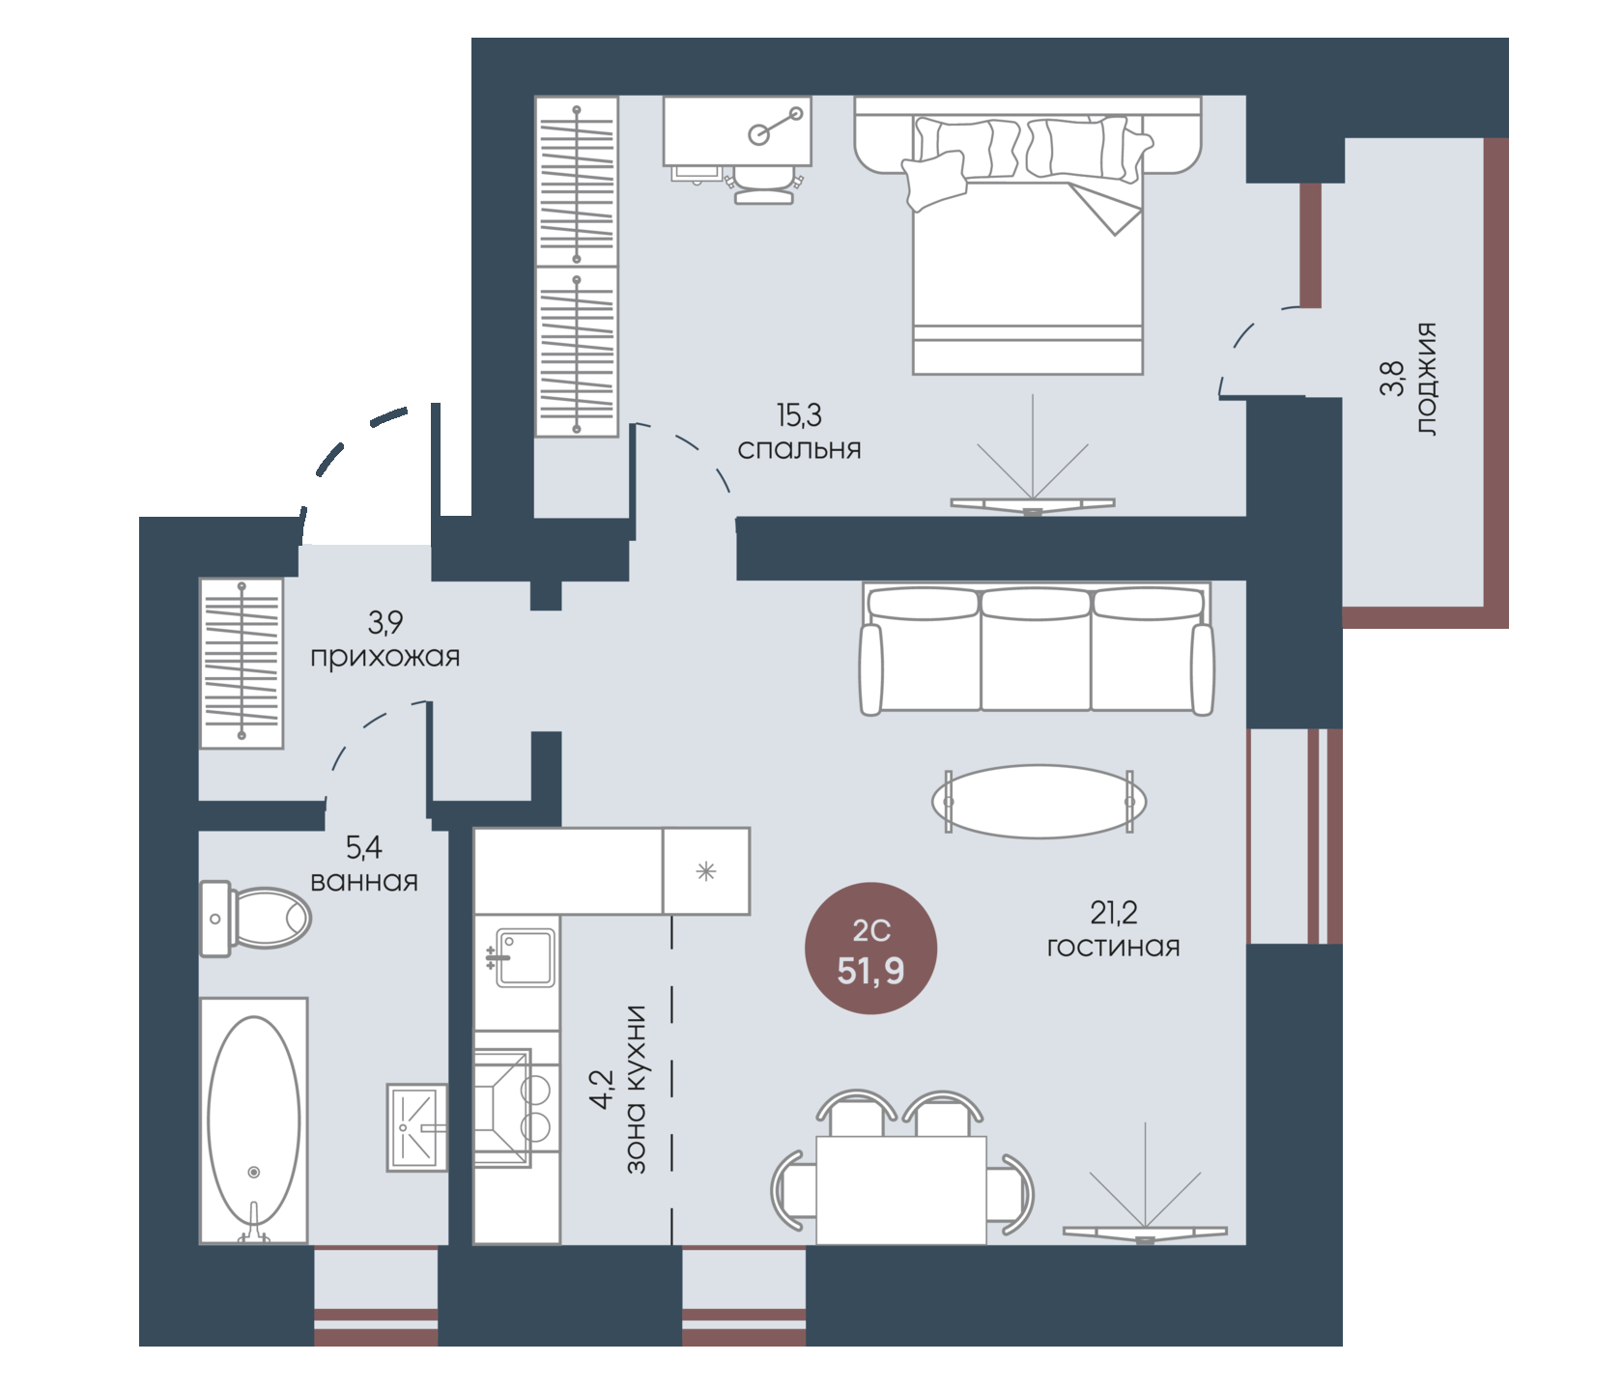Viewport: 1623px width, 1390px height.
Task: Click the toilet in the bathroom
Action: coord(255,918)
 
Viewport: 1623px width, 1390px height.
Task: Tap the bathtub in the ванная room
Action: coord(254,1121)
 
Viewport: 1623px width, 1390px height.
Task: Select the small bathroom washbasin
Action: coord(417,1127)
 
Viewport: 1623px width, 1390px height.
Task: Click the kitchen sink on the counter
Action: coord(525,957)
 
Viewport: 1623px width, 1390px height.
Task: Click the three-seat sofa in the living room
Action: coord(1037,648)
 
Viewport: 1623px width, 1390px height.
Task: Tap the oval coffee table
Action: coord(1039,802)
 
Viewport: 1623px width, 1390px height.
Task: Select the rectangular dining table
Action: coord(901,1190)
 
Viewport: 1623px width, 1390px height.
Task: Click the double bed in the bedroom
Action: coord(1028,235)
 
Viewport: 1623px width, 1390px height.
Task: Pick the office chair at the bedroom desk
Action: coord(764,184)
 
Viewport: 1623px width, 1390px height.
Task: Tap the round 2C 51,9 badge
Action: coord(871,949)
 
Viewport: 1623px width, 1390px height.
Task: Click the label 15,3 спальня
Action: coord(800,433)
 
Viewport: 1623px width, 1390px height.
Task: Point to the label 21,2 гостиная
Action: coord(1114,929)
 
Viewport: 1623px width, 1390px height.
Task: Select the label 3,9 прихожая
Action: coord(385,639)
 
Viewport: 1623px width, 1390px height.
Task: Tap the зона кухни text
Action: coord(636,1090)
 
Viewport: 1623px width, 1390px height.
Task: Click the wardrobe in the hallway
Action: coord(242,663)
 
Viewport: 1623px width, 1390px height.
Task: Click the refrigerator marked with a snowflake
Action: coord(706,871)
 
